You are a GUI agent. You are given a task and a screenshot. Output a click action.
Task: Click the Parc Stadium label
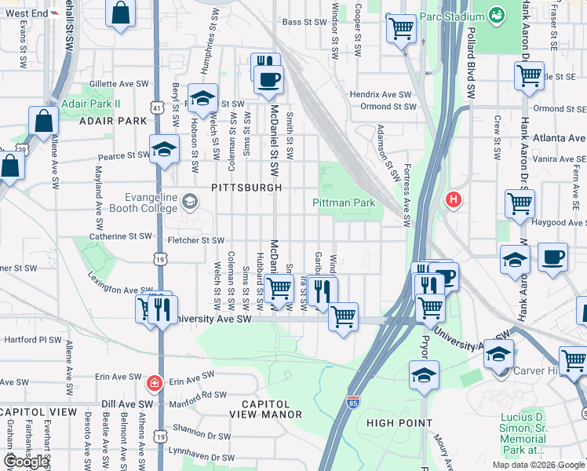(449, 16)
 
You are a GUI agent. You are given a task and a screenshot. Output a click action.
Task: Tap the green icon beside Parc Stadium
(496, 14)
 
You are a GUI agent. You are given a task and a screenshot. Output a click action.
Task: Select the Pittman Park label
(344, 203)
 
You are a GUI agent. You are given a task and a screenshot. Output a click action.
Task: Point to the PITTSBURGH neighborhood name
(246, 188)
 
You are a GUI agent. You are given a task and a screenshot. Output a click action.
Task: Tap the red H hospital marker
(453, 200)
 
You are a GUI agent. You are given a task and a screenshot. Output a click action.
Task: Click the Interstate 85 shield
(354, 403)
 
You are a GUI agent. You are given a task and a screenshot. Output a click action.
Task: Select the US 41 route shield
(158, 107)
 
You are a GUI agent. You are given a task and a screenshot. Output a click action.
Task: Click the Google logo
(26, 462)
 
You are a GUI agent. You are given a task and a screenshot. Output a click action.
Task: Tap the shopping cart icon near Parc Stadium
(402, 29)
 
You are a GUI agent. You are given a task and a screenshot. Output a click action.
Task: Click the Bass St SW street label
(304, 23)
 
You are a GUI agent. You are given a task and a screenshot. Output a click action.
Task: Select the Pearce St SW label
(123, 156)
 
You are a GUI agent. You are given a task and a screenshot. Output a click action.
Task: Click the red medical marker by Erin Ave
(155, 383)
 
